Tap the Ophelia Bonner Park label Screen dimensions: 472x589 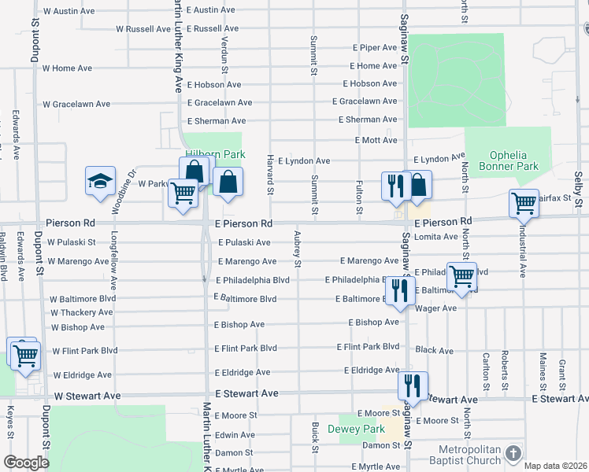tap(514, 160)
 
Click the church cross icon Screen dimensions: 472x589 tap(513, 455)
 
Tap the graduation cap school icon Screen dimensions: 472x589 tap(100, 182)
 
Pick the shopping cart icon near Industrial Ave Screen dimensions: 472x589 tap(524, 204)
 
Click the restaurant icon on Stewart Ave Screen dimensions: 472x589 tap(412, 386)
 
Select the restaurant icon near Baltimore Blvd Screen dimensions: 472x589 tap(401, 290)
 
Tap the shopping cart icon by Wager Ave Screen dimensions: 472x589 tap(461, 277)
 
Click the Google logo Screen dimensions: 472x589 tap(26, 463)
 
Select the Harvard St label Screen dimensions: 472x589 tap(270, 175)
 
